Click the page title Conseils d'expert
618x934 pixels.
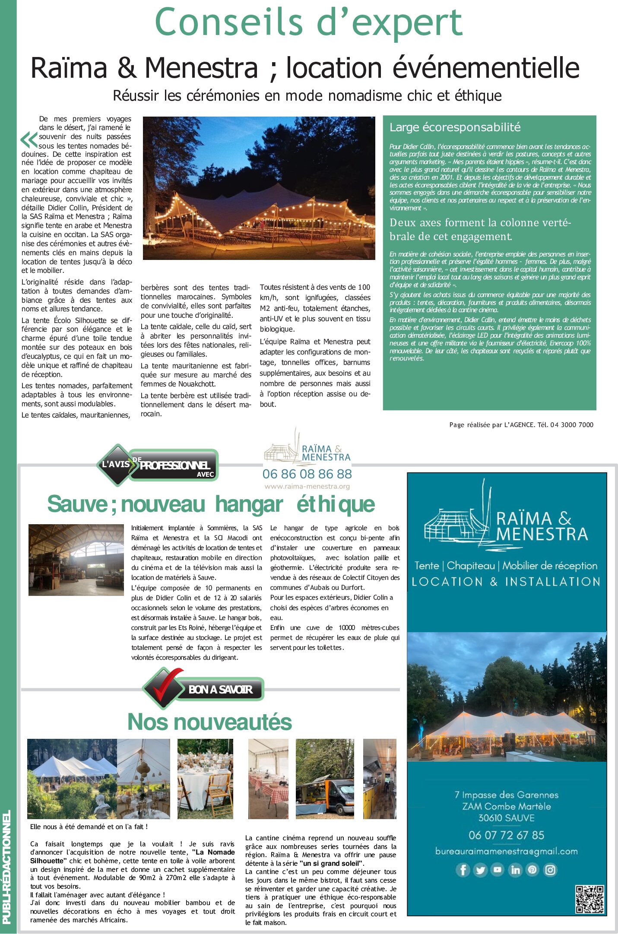[x=308, y=22]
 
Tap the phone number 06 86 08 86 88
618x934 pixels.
[x=307, y=474]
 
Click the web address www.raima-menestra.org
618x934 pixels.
[x=307, y=487]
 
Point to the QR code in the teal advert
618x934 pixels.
[x=589, y=899]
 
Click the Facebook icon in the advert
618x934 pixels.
[x=463, y=869]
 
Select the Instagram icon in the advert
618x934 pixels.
[x=550, y=869]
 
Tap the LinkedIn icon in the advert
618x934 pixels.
[x=515, y=869]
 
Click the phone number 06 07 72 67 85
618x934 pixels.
[x=506, y=835]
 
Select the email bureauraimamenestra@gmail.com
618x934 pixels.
[x=506, y=852]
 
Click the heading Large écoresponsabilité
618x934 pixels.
[x=455, y=127]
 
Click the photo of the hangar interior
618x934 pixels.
[x=76, y=560]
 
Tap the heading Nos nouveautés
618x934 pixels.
[x=209, y=722]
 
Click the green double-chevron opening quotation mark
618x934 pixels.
[x=29, y=140]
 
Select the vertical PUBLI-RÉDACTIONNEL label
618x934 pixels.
[x=6, y=868]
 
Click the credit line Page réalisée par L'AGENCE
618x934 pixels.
[x=521, y=425]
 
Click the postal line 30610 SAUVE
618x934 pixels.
[x=506, y=818]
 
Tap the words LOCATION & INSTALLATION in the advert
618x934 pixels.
[x=506, y=582]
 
